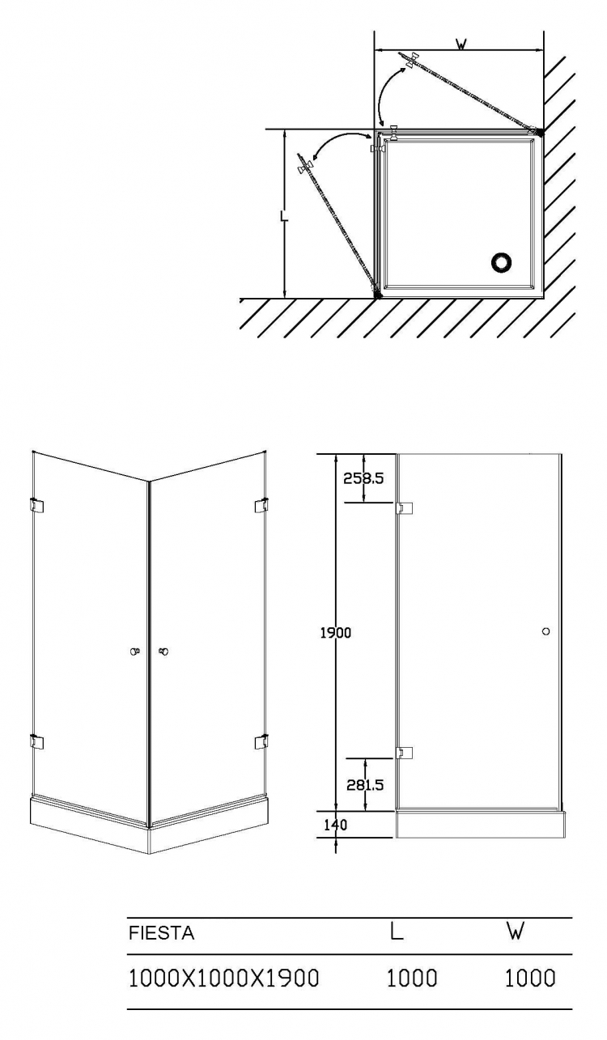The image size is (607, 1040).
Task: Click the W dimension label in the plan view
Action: pos(461,44)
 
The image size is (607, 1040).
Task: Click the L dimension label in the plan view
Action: pos(284,216)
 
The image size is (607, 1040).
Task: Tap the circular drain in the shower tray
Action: pos(501,262)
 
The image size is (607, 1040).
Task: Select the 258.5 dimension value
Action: pos(363,478)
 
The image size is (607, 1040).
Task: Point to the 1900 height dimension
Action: pos(336,632)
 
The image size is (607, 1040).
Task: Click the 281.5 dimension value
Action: pos(365,784)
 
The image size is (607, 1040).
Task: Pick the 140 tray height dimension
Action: pos(335,825)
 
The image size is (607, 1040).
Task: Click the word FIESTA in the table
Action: pos(161,932)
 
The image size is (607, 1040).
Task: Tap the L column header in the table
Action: pos(396,931)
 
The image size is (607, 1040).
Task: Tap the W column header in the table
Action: pos(516,931)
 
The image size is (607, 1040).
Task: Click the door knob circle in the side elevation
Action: pos(546,631)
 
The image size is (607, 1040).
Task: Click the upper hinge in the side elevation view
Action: pos(404,509)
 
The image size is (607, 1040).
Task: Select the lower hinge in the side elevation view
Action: pos(404,752)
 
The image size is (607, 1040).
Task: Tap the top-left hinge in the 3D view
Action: pos(36,506)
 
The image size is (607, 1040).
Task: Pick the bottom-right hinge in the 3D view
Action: pos(261,741)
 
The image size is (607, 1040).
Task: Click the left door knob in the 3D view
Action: pos(134,652)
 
